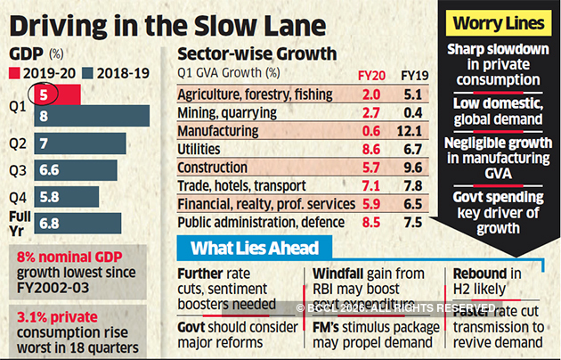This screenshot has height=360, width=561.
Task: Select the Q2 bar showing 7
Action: click(68, 143)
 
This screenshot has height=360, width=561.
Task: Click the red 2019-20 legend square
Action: click(13, 72)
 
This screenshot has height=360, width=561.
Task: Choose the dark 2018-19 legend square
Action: click(86, 72)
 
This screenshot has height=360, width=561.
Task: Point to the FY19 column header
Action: click(413, 74)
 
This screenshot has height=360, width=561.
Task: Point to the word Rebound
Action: click(482, 273)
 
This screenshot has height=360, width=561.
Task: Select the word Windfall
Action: click(342, 273)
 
